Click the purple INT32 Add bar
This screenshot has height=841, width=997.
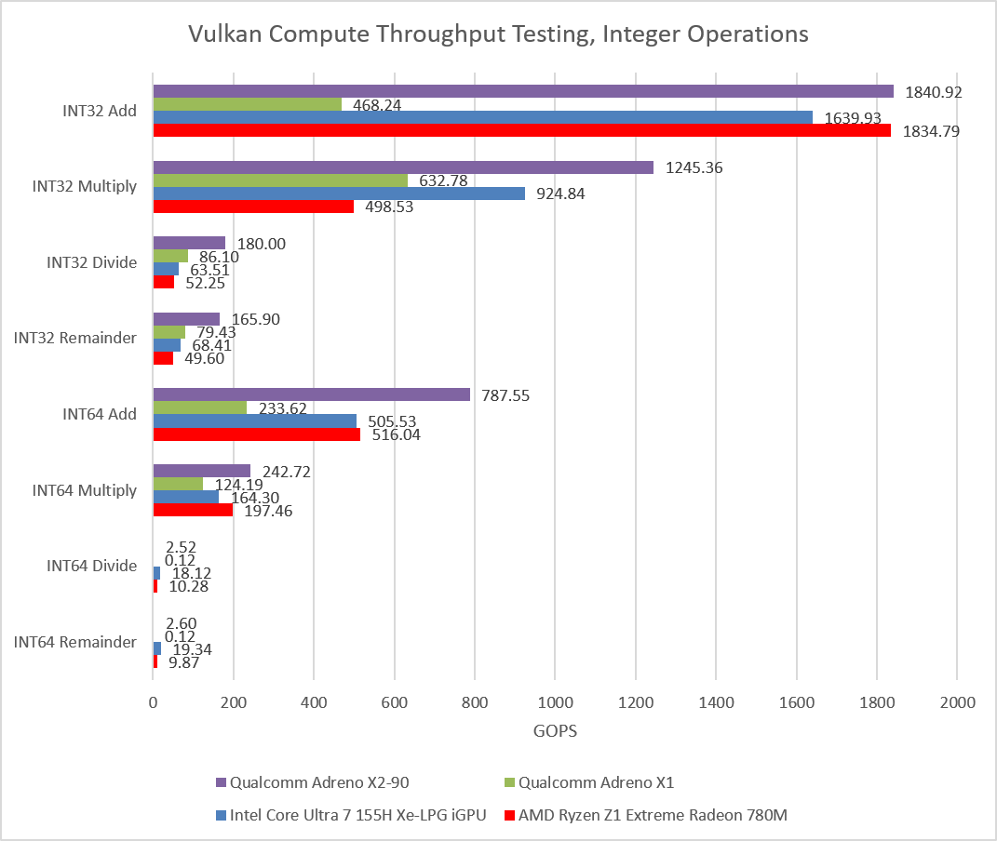click(523, 91)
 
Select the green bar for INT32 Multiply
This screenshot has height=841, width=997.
click(280, 180)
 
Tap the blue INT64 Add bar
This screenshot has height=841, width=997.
click(255, 421)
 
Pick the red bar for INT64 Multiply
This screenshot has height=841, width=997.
click(193, 510)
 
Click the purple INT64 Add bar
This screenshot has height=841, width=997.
click(312, 395)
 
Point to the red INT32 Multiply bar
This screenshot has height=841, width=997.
click(253, 207)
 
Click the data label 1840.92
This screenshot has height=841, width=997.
click(934, 93)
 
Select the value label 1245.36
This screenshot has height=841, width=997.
click(694, 167)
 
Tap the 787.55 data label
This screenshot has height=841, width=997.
click(505, 395)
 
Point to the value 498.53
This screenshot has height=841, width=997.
click(389, 207)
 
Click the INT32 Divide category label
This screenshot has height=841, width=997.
click(91, 262)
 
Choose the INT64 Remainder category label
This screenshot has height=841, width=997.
click(75, 642)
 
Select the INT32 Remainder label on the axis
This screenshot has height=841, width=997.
click(75, 338)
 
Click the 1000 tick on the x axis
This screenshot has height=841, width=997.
click(555, 702)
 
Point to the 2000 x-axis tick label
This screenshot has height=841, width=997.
click(958, 702)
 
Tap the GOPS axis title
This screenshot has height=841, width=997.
click(555, 731)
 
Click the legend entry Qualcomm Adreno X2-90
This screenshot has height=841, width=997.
click(313, 782)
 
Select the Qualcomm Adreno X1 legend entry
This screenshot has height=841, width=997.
click(589, 782)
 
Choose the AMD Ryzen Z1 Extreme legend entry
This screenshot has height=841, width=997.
click(646, 816)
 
